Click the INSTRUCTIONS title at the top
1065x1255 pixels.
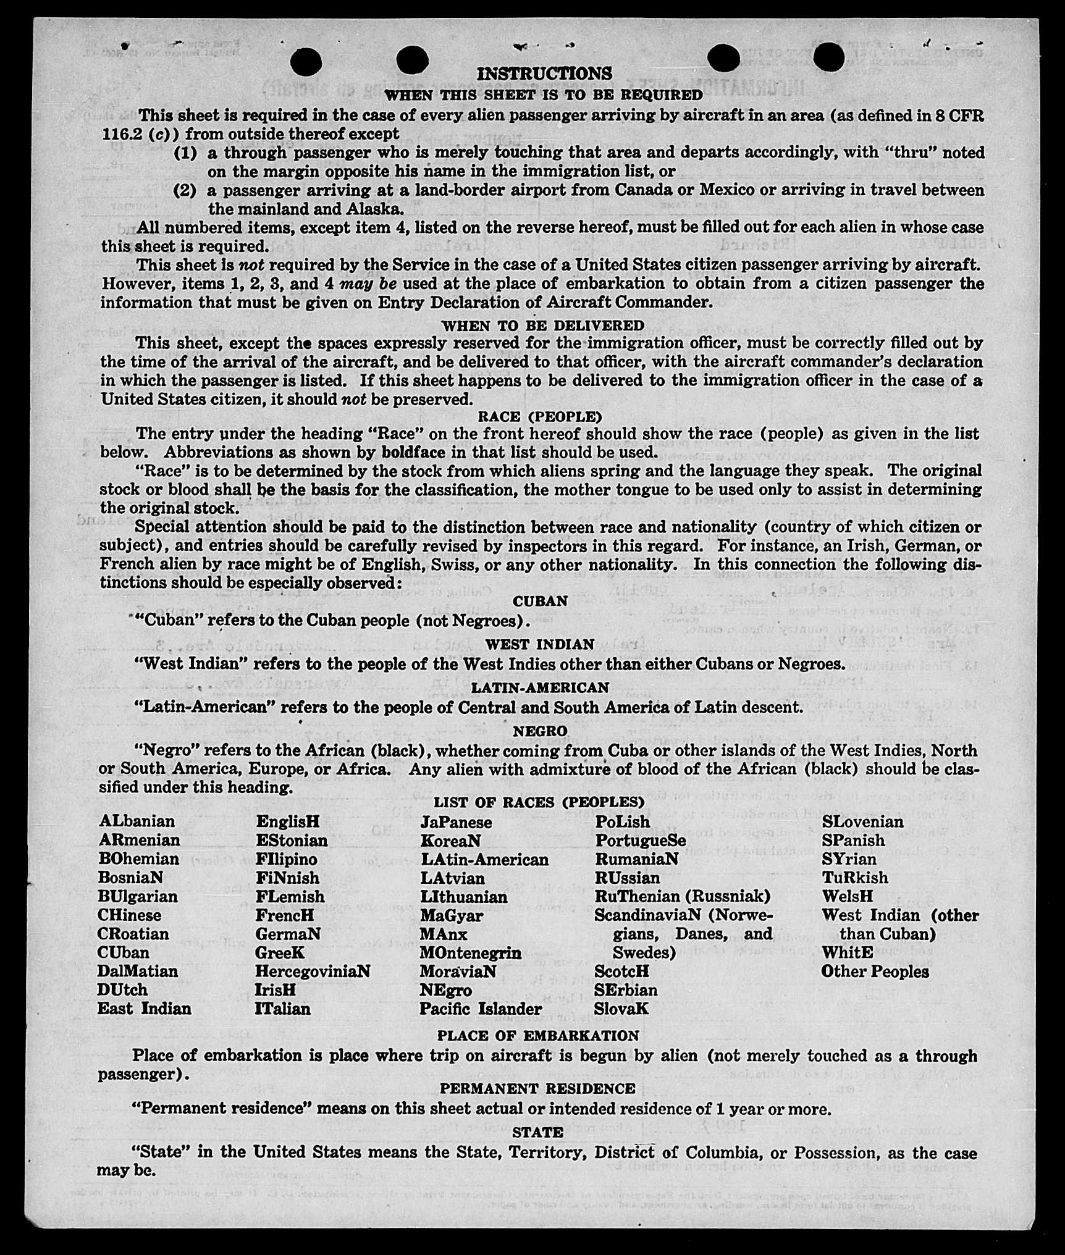coord(544,73)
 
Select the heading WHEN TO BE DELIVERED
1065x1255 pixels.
coord(542,325)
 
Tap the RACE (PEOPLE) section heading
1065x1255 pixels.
coord(540,417)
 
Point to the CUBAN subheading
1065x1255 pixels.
coord(540,601)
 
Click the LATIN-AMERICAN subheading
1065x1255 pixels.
coord(540,687)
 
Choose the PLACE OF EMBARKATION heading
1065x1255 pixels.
coord(538,1035)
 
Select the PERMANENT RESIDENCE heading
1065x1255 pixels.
coord(537,1088)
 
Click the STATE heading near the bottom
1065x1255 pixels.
coord(537,1132)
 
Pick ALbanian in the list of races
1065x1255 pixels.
coord(137,821)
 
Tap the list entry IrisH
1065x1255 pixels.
coord(276,989)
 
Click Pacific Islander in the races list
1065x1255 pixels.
coord(480,1009)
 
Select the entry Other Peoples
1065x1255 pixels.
coord(875,972)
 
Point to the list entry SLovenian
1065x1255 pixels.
coord(862,821)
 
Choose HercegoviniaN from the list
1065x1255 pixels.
coord(313,971)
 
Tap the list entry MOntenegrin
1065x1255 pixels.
coord(470,952)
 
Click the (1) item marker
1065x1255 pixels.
coord(185,153)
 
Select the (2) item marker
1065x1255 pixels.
coord(185,190)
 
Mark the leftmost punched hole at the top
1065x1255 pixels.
coord(305,61)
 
